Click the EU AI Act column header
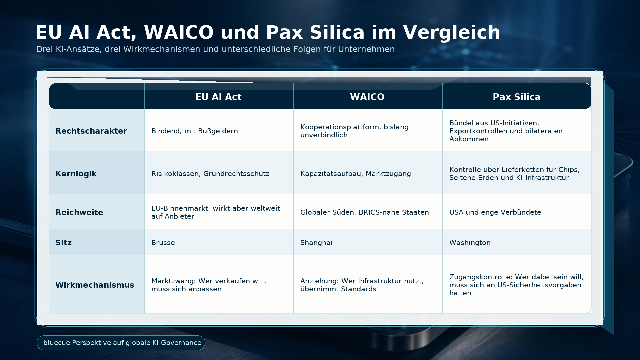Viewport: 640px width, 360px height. point(218,97)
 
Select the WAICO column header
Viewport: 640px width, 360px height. point(367,97)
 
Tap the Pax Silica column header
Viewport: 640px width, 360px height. point(517,97)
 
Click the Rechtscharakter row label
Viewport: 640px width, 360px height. point(91,131)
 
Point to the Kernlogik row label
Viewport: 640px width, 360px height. point(76,174)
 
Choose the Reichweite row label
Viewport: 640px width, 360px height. point(79,212)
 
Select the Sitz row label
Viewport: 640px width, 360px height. point(63,243)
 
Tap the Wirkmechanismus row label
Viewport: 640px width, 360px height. point(95,285)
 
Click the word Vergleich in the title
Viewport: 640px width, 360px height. point(452,33)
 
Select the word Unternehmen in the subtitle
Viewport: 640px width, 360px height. point(366,49)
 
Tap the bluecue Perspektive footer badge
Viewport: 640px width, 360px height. point(121,343)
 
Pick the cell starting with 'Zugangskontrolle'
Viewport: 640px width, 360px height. point(517,285)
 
